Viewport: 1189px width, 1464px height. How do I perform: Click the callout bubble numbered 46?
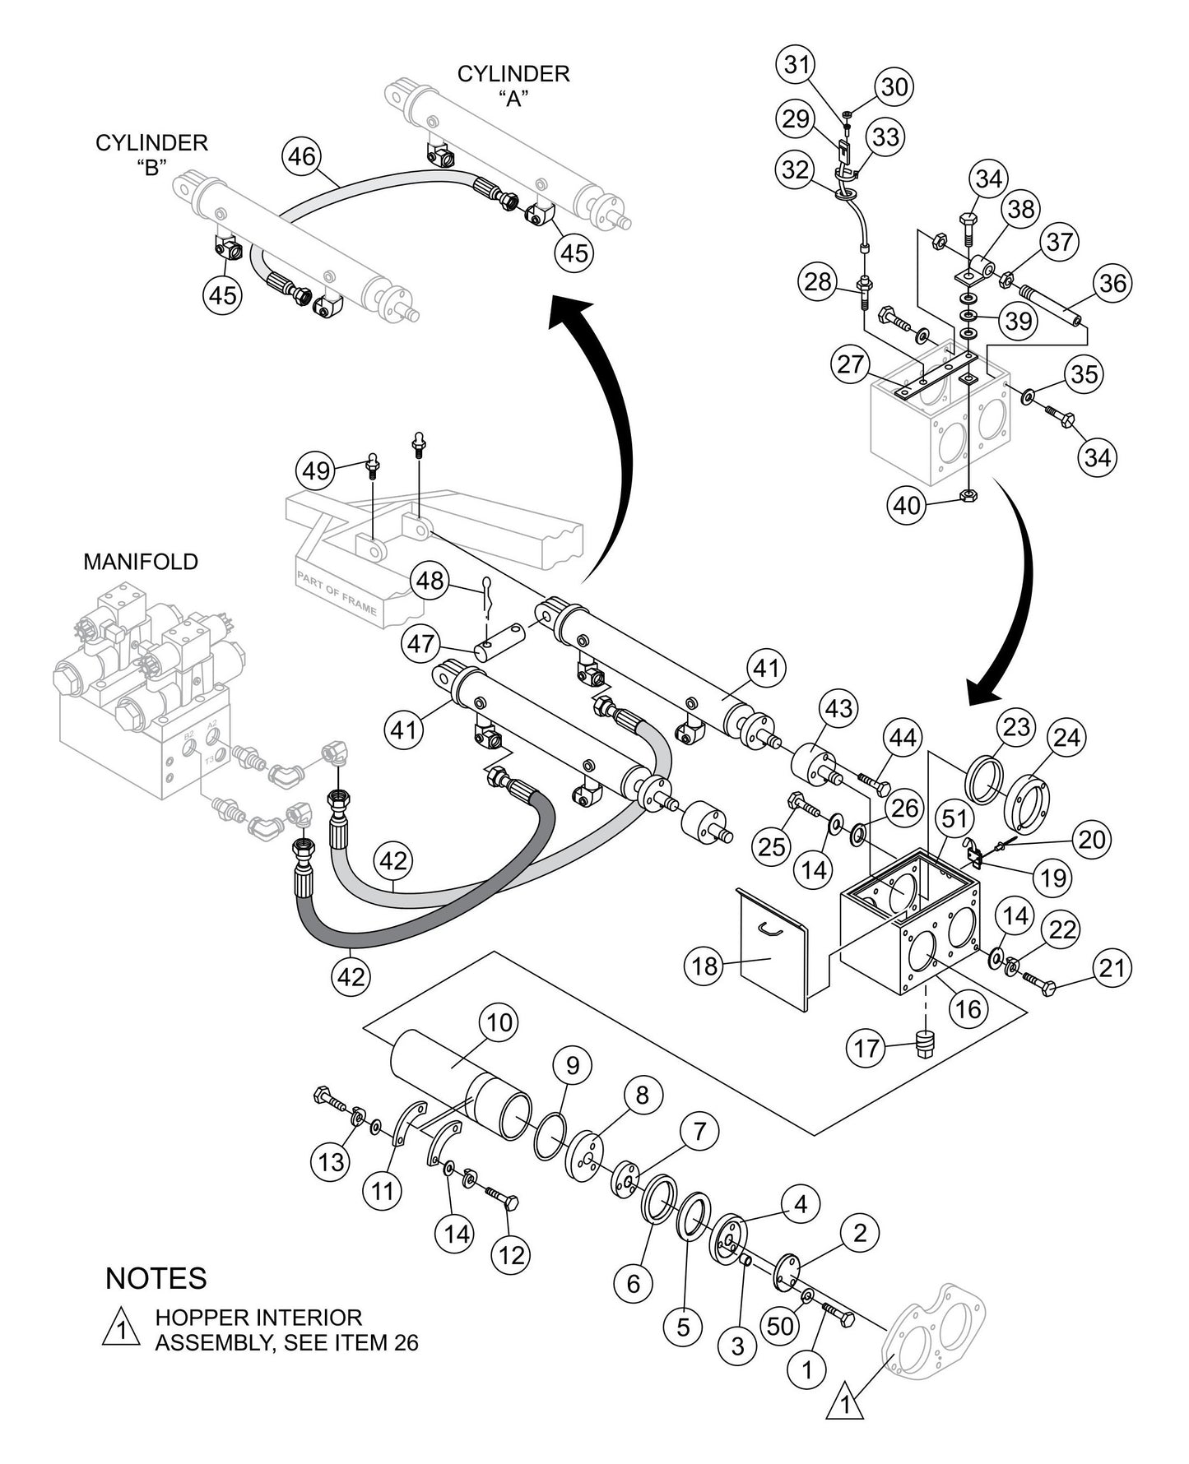pos(302,156)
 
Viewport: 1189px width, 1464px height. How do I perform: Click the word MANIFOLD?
pos(141,562)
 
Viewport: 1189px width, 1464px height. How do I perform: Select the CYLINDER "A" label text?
pos(513,86)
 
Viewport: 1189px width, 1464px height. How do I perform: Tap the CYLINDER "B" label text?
pos(151,155)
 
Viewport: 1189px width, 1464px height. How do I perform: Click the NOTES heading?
pos(156,1278)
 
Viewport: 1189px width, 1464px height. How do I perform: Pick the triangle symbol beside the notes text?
pos(120,1329)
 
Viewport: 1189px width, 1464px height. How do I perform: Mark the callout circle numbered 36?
pos(1112,284)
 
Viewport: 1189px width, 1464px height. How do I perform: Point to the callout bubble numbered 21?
pos(1112,968)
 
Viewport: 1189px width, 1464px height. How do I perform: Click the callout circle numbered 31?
pos(797,64)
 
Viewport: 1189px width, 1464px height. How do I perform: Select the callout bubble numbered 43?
pos(839,708)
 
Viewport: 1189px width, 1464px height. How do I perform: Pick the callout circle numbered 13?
pos(331,1161)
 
